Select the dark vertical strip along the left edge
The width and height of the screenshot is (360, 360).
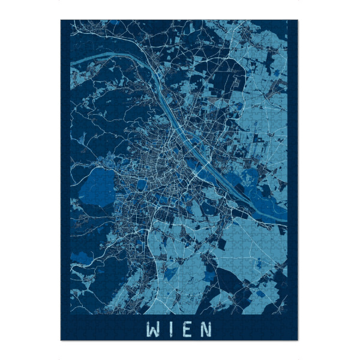tap(65, 168)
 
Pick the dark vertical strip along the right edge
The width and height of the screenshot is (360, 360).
tap(292, 168)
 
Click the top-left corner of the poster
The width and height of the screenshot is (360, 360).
tap(61, 20)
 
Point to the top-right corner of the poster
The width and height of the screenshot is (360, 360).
tap(297, 20)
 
